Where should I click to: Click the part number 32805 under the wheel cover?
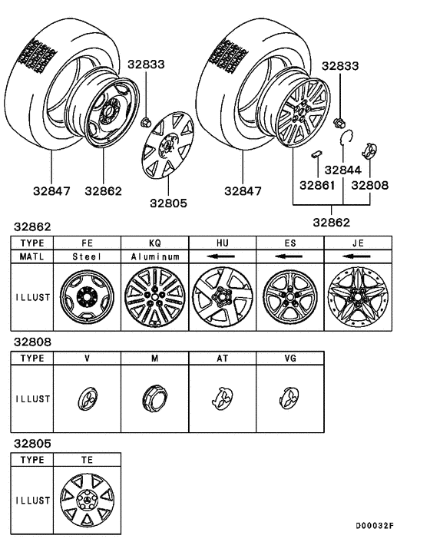(x=168, y=203)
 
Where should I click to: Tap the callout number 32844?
(x=343, y=170)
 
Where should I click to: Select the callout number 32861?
(x=317, y=185)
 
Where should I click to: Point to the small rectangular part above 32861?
(x=316, y=154)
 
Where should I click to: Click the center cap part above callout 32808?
(x=369, y=150)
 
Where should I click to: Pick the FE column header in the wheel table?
(x=87, y=243)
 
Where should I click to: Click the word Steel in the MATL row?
(x=87, y=256)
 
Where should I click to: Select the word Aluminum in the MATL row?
(x=155, y=256)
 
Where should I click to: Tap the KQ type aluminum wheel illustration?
(x=155, y=297)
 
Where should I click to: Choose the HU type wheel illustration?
(x=223, y=297)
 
